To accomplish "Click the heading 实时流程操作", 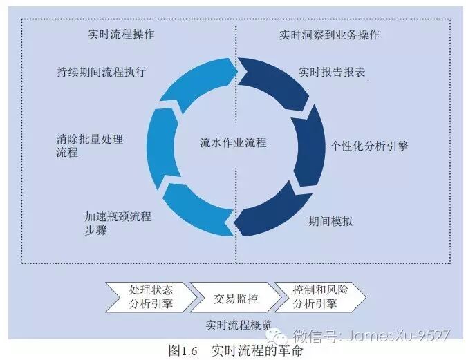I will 121,34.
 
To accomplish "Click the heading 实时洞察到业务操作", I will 329,34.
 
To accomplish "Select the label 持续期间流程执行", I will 101,71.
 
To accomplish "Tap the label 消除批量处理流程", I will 90,146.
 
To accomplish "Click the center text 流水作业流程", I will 233,144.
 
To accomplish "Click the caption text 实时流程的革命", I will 257,350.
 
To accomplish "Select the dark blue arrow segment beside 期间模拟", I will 277,211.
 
